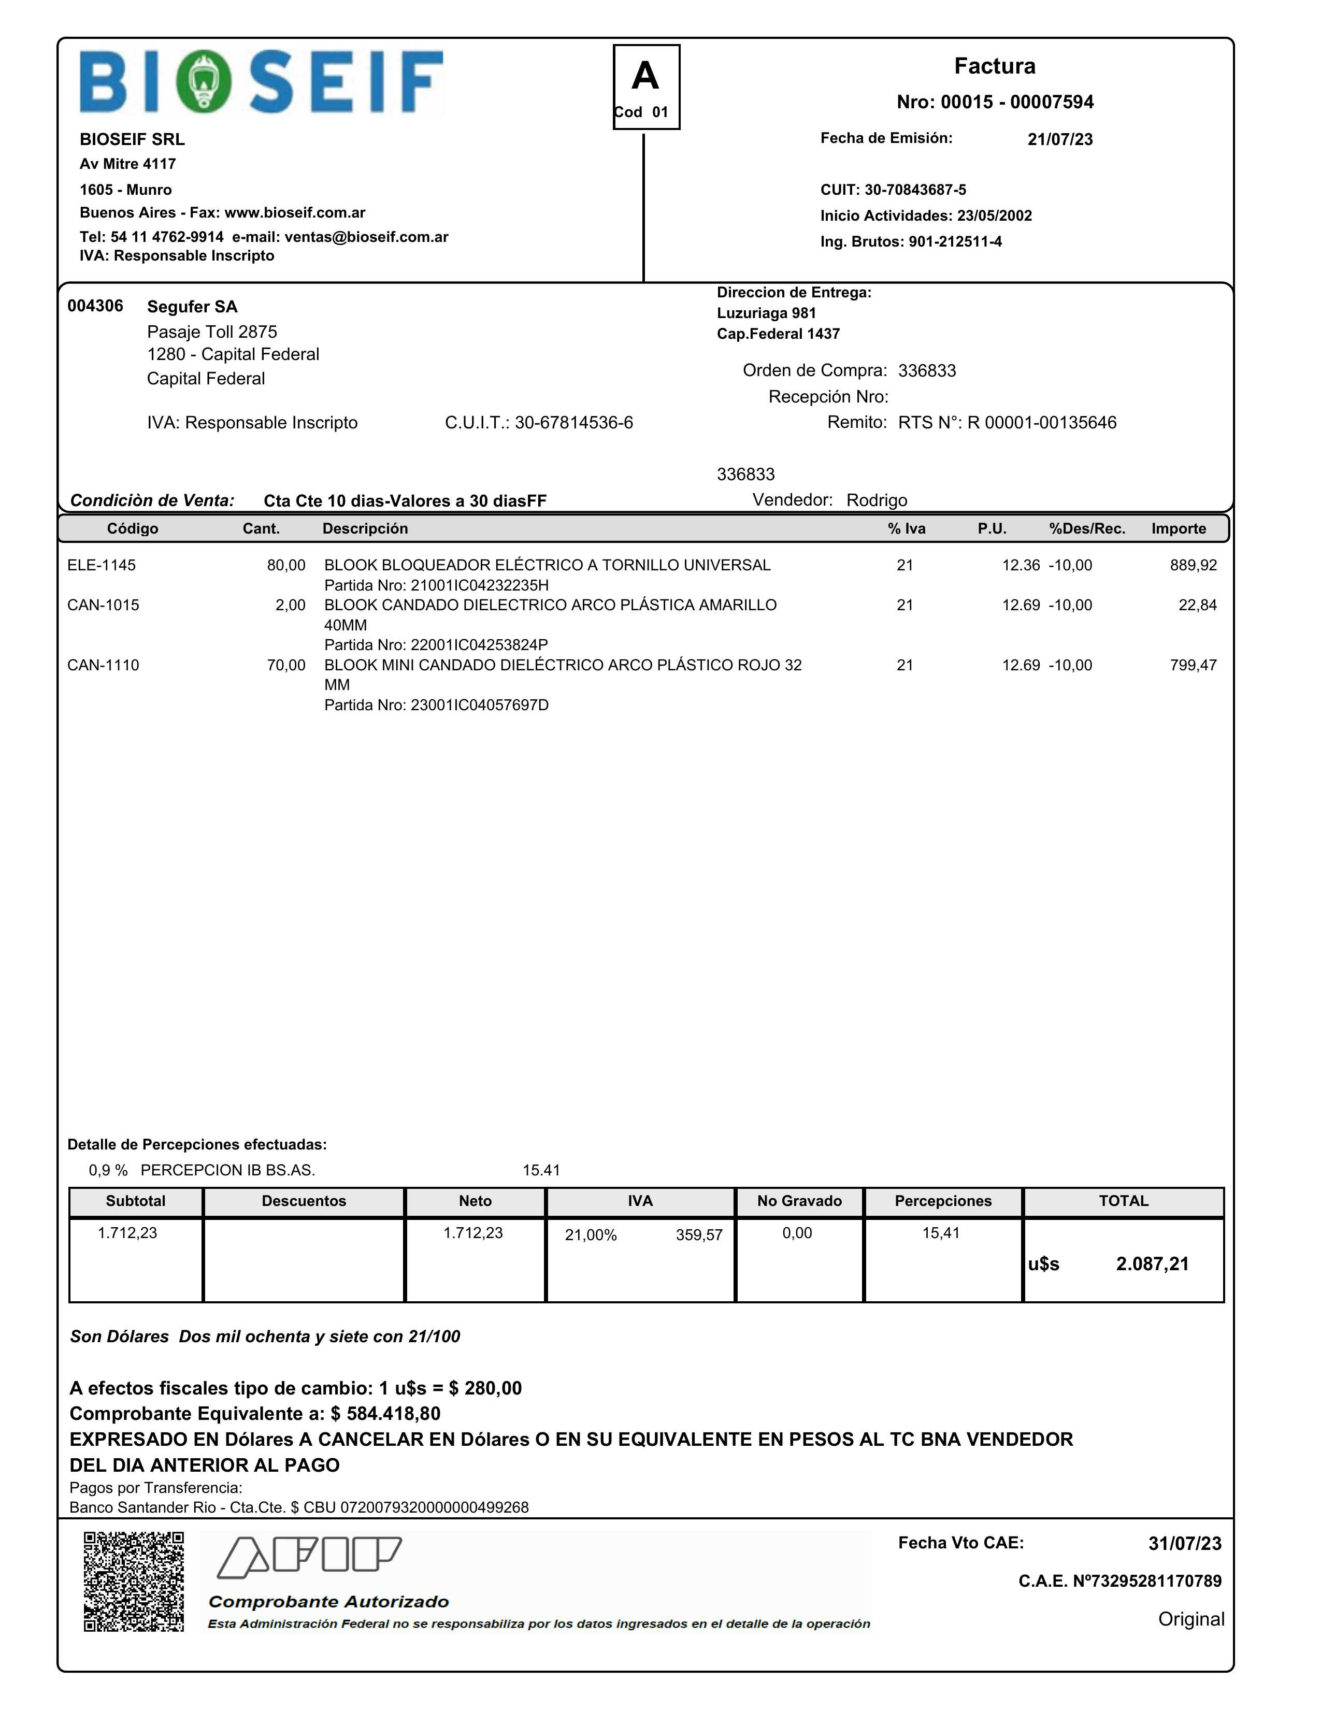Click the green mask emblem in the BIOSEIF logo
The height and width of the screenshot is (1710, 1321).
204,81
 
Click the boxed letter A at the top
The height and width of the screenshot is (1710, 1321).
645,76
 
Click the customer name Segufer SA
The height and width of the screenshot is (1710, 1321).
192,307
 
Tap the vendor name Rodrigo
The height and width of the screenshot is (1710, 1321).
876,500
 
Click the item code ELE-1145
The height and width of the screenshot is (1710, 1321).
101,565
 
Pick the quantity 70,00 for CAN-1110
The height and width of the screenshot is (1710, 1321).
286,666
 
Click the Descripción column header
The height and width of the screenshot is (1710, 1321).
365,528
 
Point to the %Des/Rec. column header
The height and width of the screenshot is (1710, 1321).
1087,528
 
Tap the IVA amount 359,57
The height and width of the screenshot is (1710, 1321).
698,1235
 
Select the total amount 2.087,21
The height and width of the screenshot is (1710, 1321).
1152,1263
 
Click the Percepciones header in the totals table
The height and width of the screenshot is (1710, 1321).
943,1201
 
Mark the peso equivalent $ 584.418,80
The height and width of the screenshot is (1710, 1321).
385,1413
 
